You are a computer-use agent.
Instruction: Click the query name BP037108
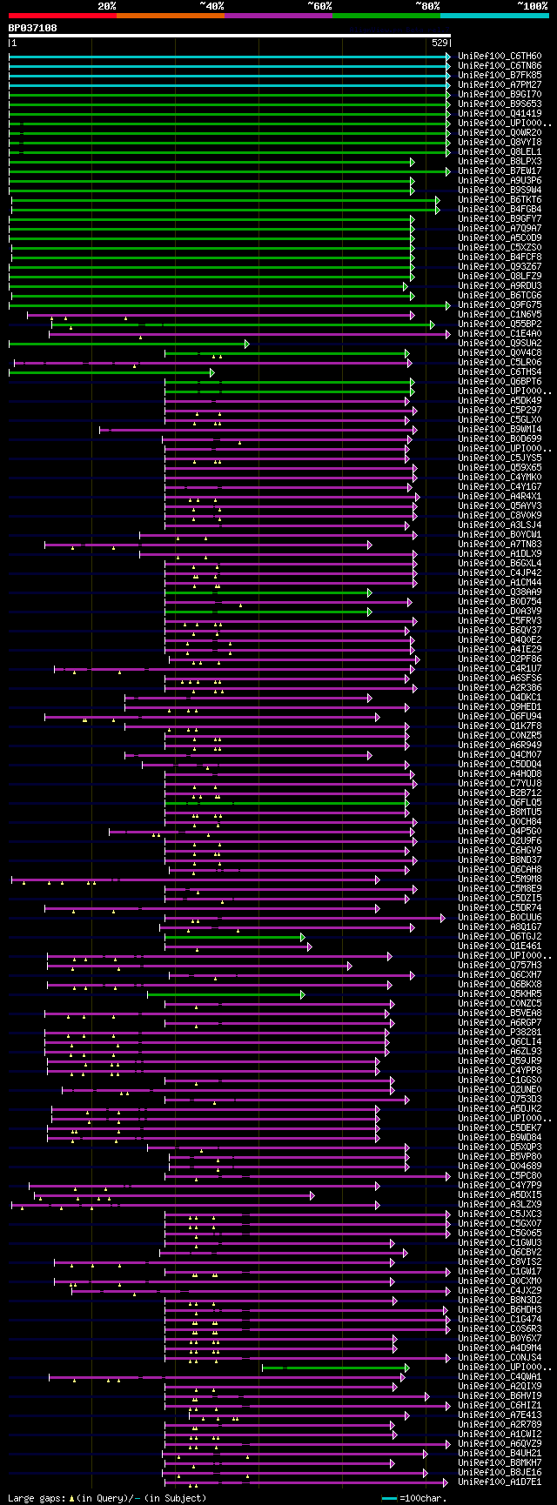point(33,28)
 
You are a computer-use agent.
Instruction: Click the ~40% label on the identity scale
point(211,6)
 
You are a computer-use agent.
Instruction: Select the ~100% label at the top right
point(532,6)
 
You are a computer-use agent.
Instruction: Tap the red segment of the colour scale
point(62,16)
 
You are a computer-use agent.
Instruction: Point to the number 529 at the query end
point(440,43)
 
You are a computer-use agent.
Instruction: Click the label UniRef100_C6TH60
point(500,57)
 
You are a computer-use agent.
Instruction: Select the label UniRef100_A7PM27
point(500,85)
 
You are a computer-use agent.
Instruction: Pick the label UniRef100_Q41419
point(500,114)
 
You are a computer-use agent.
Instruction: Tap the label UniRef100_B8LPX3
point(500,162)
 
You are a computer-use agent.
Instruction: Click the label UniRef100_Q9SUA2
point(500,344)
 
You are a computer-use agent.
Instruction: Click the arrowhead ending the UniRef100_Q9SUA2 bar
point(247,344)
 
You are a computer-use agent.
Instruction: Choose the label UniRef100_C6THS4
point(500,372)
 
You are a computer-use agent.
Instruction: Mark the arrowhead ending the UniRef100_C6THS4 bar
point(211,372)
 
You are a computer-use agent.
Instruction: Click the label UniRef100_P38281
point(500,1033)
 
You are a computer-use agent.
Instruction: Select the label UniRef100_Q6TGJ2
point(500,937)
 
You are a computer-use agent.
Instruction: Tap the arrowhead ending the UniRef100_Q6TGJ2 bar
point(303,937)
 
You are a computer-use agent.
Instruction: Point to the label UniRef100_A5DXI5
point(500,1195)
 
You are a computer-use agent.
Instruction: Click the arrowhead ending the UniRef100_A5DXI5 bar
point(312,1195)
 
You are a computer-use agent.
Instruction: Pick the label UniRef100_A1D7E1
point(500,1482)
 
